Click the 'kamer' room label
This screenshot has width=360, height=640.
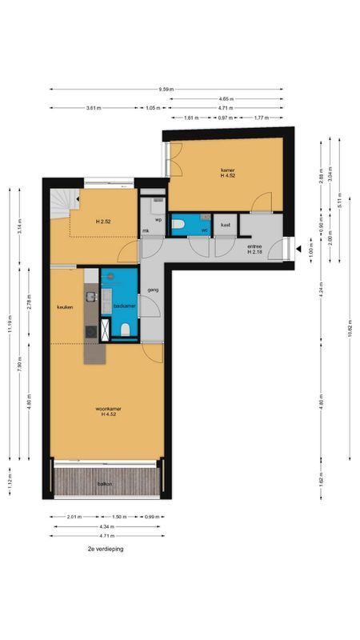pyautogui.click(x=229, y=170)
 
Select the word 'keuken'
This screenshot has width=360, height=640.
pyautogui.click(x=65, y=307)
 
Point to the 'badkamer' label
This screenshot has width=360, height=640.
pyautogui.click(x=123, y=306)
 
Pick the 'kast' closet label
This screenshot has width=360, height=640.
pyautogui.click(x=226, y=225)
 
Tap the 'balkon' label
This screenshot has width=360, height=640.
pyautogui.click(x=105, y=485)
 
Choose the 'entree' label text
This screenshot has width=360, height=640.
pyautogui.click(x=254, y=246)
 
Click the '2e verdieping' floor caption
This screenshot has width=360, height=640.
pyautogui.click(x=106, y=550)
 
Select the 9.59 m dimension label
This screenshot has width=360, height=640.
pyautogui.click(x=166, y=89)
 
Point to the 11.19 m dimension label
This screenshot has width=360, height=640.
pyautogui.click(x=10, y=324)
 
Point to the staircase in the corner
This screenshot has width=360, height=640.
pyautogui.click(x=60, y=203)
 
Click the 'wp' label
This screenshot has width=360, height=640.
pyautogui.click(x=158, y=218)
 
